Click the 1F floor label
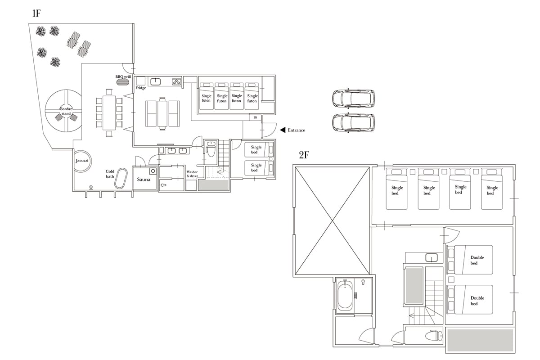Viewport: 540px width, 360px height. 36,13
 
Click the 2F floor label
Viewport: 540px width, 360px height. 304,155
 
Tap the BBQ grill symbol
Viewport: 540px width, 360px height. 122,82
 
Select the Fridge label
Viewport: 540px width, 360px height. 141,88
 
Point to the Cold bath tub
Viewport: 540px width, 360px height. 121,179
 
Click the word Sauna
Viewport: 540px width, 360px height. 144,180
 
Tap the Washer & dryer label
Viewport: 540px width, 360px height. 192,174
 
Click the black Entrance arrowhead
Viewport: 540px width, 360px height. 283,130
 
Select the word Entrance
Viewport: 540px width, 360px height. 296,130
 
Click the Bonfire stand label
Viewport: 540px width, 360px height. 66,111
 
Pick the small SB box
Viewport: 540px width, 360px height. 255,117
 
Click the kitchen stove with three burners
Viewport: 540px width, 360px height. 177,82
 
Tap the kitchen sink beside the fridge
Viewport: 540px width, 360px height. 156,81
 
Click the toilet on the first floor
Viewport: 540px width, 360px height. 211,149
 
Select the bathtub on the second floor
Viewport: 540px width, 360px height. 345,295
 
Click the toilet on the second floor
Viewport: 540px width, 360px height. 434,335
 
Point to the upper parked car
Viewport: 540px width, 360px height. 353,99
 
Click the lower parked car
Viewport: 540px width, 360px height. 353,122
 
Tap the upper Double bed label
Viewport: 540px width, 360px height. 477,260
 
